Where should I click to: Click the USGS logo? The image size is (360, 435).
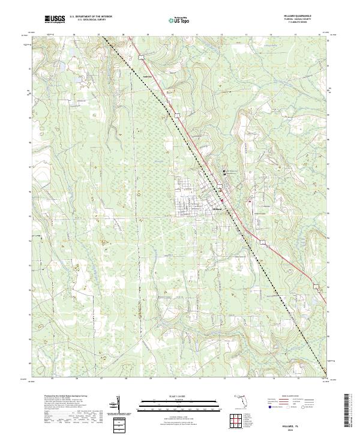point(55,20)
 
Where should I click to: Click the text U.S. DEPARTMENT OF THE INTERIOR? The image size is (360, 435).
point(90,17)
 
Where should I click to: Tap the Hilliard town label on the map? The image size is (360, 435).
point(217,209)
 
